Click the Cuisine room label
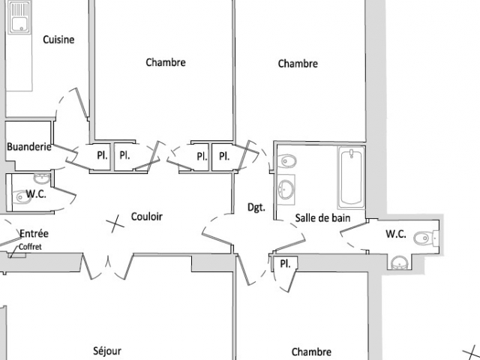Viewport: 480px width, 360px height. click(x=58, y=40)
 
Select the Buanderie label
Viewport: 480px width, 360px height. click(x=28, y=147)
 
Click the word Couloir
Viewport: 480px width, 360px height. click(x=147, y=217)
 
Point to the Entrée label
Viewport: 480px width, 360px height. click(x=34, y=233)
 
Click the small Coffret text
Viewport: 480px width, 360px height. click(x=30, y=247)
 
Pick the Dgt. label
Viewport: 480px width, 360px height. click(x=256, y=208)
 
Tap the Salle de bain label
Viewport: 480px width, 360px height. click(x=322, y=218)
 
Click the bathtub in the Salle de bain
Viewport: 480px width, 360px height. click(x=352, y=178)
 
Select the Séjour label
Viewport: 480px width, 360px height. click(x=107, y=351)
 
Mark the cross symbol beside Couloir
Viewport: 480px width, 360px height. click(x=115, y=223)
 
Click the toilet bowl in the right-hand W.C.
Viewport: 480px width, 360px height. click(x=424, y=238)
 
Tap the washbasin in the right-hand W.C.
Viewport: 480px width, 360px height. click(x=400, y=263)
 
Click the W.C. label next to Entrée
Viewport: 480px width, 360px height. click(x=36, y=193)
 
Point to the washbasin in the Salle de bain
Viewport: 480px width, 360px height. click(x=286, y=190)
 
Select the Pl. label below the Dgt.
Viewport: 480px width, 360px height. click(x=285, y=263)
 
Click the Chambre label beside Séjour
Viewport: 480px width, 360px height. click(x=311, y=352)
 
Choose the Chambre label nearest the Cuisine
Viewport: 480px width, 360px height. click(x=166, y=62)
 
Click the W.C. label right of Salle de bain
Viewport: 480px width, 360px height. click(x=396, y=234)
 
